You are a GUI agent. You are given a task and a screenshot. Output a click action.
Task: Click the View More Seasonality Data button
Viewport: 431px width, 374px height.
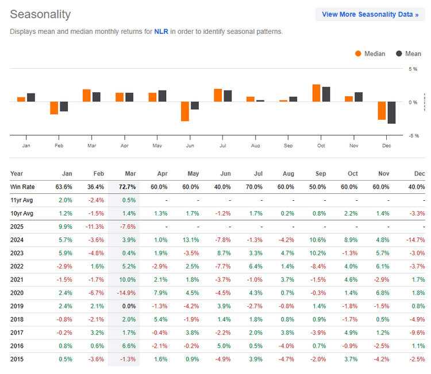[x=370, y=14]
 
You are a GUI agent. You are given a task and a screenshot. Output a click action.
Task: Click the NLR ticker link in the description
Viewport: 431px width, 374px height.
[x=161, y=32]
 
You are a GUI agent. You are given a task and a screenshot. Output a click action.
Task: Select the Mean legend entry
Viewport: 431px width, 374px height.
[x=409, y=54]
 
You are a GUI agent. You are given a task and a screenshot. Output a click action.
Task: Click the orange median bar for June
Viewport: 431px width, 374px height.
[x=185, y=111]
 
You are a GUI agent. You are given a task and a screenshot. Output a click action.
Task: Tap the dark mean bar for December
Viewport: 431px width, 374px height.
[x=392, y=112]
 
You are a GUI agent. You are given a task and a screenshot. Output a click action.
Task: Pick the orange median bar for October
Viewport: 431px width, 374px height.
[x=316, y=93]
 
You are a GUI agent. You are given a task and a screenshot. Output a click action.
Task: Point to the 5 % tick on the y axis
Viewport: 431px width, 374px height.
[x=413, y=69]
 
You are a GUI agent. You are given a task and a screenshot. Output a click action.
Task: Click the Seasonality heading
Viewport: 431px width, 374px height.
[x=41, y=14]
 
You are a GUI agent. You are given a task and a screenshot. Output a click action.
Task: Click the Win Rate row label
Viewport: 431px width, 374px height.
[x=23, y=187]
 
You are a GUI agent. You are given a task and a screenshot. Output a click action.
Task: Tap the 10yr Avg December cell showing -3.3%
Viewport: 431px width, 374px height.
[x=417, y=213]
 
